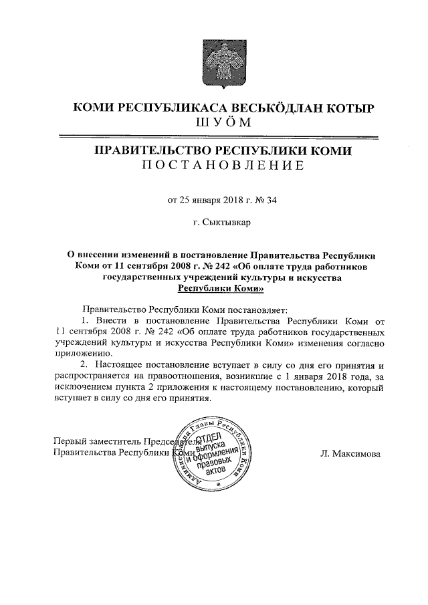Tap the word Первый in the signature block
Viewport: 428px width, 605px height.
coord(69,441)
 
